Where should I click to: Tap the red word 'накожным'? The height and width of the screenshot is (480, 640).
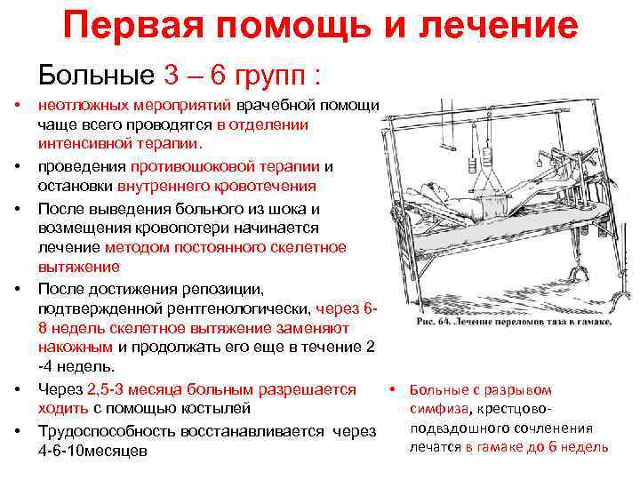(75, 348)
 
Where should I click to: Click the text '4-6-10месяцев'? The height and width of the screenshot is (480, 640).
(92, 450)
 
